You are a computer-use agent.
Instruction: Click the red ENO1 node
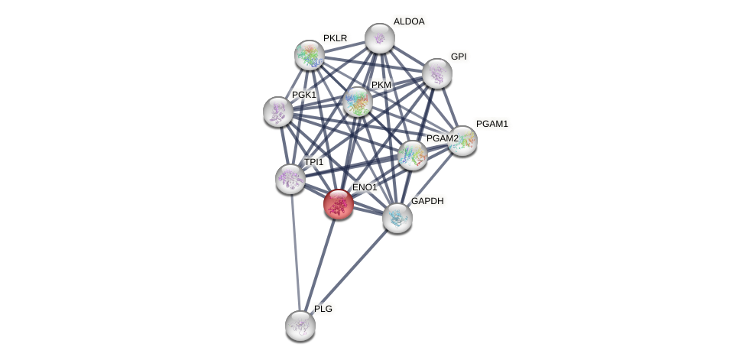338,204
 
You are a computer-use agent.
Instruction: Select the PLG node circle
300,325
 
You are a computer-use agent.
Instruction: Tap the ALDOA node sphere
379,38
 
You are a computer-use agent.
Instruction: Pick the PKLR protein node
310,55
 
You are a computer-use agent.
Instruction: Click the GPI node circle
437,73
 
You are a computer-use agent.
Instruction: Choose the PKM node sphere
357,102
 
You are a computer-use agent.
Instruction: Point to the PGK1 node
277,112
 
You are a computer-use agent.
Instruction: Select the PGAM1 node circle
462,141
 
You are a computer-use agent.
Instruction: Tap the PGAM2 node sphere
413,155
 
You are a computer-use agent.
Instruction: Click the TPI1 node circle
290,179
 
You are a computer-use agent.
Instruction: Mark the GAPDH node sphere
397,218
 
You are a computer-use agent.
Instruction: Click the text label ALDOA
409,21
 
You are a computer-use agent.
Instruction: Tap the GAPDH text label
427,201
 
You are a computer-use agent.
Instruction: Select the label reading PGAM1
492,124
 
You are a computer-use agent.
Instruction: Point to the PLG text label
323,309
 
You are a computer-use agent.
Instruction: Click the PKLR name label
335,38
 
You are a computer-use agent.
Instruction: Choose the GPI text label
459,57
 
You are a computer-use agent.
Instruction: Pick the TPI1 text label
314,162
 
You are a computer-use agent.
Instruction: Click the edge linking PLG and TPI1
295,252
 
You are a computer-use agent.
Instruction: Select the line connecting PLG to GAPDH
349,271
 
